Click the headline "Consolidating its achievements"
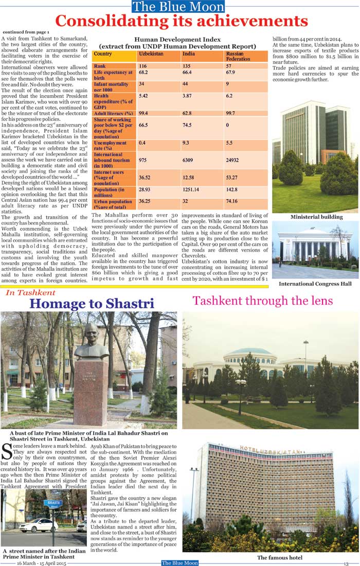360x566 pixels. [181, 21]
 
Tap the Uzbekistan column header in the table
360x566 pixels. [151, 54]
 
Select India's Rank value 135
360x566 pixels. [187, 66]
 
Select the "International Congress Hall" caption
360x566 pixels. [315, 284]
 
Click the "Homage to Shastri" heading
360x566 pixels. [92, 304]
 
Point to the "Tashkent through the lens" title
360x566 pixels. [263, 300]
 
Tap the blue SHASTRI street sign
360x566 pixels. [53, 503]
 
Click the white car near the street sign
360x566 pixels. [38, 525]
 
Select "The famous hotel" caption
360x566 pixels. [279, 557]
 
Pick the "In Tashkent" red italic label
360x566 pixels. [30, 293]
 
